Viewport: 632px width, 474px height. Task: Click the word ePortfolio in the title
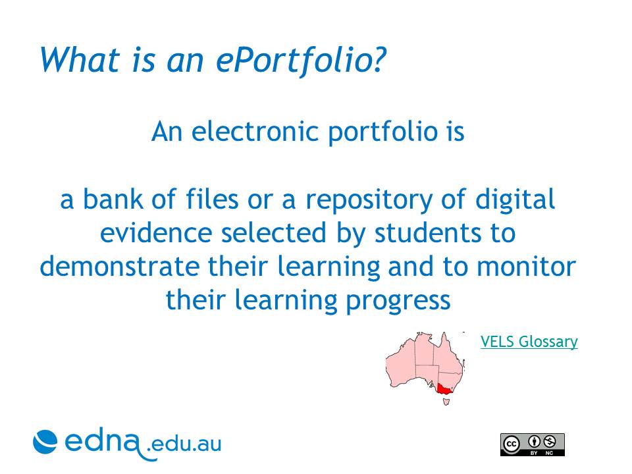point(301,61)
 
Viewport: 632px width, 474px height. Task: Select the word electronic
point(255,132)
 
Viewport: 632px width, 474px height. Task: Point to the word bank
point(113,199)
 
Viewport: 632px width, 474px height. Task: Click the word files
point(212,199)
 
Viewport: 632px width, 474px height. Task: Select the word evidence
point(156,233)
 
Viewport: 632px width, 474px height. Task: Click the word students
point(427,233)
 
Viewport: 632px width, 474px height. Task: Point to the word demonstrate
point(120,267)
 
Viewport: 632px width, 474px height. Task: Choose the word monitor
point(527,267)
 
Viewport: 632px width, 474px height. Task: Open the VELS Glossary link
point(529,342)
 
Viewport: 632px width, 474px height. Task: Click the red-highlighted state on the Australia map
point(444,388)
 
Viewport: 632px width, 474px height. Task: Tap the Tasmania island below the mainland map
point(446,402)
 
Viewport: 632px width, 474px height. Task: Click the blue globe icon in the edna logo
point(45,442)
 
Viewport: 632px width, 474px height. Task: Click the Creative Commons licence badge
point(532,444)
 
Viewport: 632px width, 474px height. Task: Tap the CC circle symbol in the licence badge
point(511,444)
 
